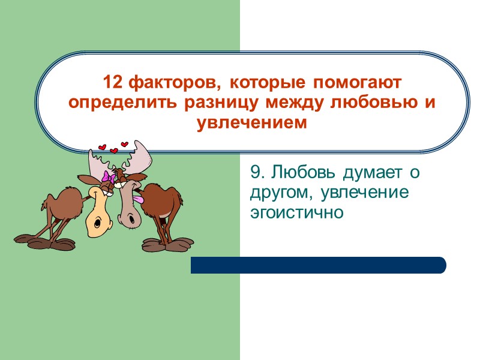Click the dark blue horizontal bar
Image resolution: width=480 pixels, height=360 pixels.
coord(318,265)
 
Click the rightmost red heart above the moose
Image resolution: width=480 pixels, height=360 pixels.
coord(125,144)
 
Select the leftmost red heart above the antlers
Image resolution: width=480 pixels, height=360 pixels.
coord(101,148)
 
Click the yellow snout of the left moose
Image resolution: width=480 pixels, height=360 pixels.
coord(95,216)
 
